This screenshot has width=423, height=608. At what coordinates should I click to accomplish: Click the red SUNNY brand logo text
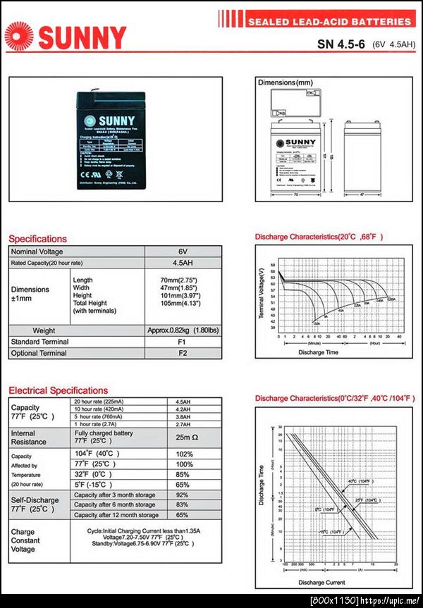tap(82, 37)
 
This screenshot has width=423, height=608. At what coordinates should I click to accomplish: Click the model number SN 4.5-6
tap(340, 44)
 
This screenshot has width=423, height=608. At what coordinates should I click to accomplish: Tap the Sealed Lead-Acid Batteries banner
tap(329, 22)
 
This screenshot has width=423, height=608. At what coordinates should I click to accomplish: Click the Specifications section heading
tap(37, 239)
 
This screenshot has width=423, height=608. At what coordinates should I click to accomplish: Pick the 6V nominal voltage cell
tap(183, 252)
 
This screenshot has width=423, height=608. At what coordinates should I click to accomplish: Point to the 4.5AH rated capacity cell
tap(183, 263)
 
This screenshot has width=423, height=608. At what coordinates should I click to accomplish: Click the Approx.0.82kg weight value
tap(183, 330)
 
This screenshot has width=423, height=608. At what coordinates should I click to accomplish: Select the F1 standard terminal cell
tap(183, 342)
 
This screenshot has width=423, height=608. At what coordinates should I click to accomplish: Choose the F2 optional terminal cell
tap(183, 353)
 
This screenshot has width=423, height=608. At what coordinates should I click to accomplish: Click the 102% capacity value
tap(184, 454)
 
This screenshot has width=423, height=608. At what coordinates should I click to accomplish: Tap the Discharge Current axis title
tap(321, 583)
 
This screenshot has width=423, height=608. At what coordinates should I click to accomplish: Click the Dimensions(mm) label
tap(285, 83)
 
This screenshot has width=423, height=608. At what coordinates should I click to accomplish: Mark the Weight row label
tap(44, 330)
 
